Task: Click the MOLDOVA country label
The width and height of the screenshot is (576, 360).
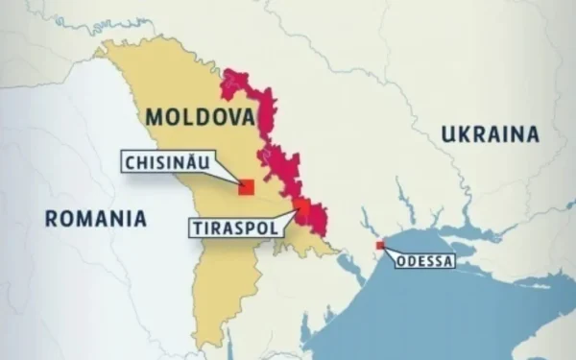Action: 200,118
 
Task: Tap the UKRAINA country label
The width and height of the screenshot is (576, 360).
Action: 490,134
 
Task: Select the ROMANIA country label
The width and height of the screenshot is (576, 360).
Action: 96,218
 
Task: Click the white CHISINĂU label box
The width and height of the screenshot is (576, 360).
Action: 167,161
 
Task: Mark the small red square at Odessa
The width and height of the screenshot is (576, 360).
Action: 380,246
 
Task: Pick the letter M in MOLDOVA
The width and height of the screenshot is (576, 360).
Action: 156,118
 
